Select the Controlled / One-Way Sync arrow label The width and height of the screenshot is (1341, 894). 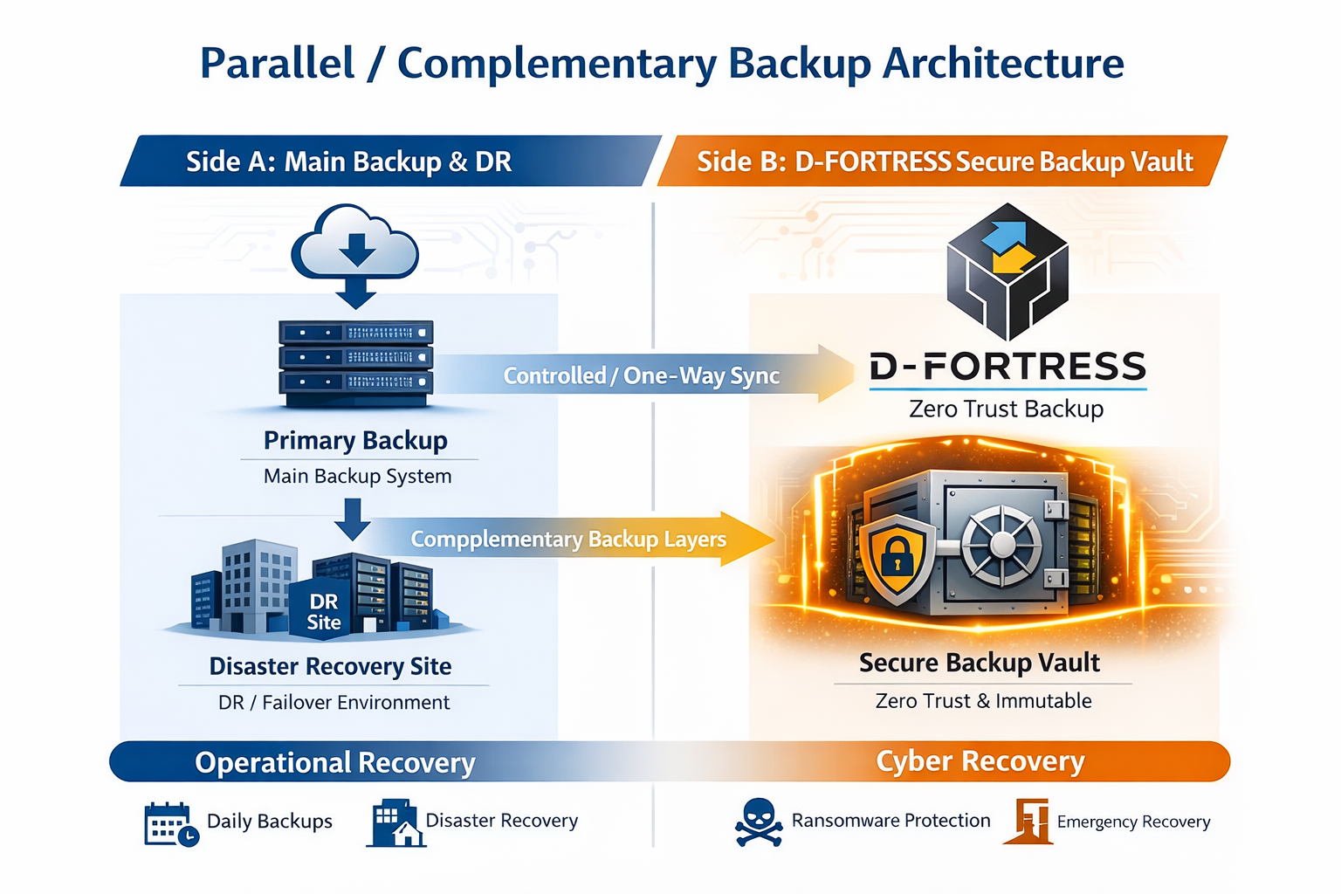tap(641, 375)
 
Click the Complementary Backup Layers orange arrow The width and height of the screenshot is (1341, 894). tap(568, 540)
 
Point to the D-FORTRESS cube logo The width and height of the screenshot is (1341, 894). tap(1007, 271)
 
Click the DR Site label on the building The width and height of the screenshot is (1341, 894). tap(324, 611)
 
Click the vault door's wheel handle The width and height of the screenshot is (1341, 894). tap(1002, 545)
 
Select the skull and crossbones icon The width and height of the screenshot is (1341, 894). tap(758, 822)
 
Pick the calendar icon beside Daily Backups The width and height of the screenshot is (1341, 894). tap(169, 823)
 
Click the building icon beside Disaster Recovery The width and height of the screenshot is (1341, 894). tap(395, 823)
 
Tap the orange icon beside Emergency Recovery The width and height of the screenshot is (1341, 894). tap(1029, 821)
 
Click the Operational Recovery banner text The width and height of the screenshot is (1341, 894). tap(335, 762)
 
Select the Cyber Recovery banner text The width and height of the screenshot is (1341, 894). tap(980, 761)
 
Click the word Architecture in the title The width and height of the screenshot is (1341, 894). tap(1003, 64)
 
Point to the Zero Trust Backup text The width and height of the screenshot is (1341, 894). tap(1006, 409)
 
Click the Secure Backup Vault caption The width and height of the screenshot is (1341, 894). tap(979, 663)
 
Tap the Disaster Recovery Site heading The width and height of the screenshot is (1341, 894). tap(330, 666)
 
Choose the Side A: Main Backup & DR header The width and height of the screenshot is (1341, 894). tap(348, 162)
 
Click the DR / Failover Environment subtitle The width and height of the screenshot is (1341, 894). tap(334, 702)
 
